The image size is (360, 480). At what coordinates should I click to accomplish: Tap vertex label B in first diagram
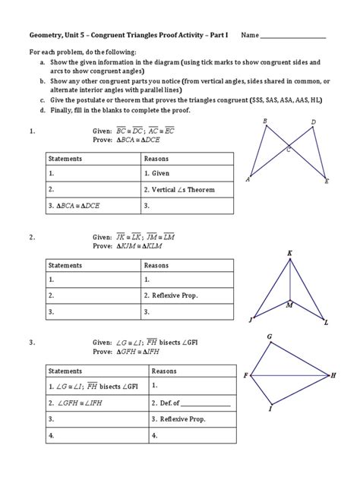point(264,122)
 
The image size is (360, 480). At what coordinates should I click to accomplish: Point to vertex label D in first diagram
point(313,122)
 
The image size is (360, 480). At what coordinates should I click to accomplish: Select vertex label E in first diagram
point(327,182)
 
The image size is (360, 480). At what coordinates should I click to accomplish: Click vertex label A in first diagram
point(248,180)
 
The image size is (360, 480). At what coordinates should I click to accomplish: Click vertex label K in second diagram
point(289,253)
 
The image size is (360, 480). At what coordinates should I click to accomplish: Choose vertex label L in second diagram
point(326,323)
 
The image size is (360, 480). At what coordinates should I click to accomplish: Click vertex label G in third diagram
point(270,336)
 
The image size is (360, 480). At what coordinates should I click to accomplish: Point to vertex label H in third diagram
point(333,375)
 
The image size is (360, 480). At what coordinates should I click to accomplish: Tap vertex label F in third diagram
point(245,375)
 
